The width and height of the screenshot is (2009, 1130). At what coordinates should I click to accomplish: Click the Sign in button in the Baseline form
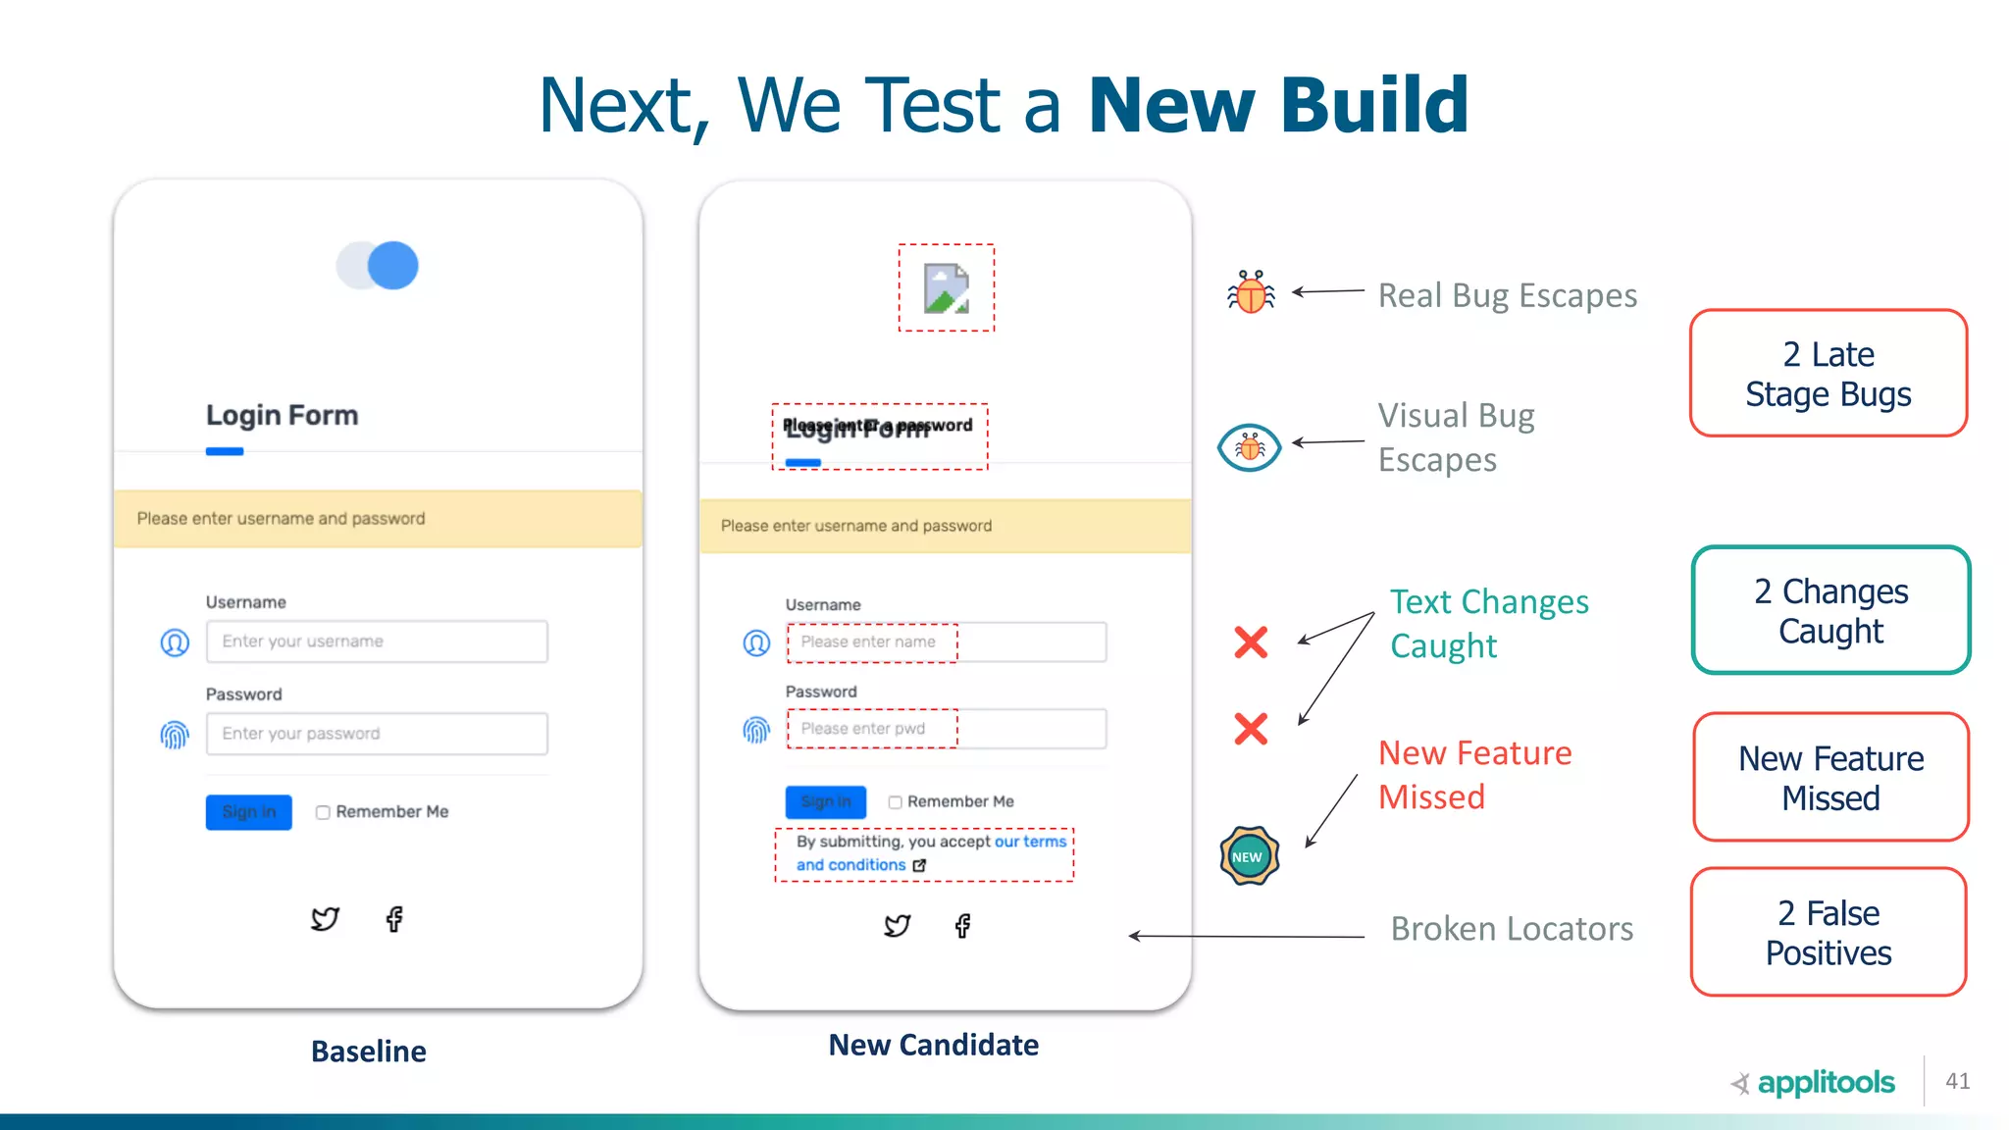(248, 812)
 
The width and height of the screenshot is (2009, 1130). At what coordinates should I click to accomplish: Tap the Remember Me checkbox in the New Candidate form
(895, 802)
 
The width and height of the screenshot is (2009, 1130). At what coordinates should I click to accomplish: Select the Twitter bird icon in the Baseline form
(325, 919)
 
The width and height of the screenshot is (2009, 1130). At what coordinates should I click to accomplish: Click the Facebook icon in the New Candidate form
(963, 926)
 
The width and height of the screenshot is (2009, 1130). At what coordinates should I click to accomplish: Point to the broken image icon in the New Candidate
(947, 288)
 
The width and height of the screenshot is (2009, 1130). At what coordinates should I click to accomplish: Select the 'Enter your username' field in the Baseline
(377, 642)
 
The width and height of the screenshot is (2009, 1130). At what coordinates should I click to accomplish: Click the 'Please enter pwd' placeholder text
(863, 729)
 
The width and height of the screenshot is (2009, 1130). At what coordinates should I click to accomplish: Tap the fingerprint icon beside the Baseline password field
(175, 734)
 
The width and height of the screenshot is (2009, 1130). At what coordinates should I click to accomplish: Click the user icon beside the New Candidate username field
(756, 642)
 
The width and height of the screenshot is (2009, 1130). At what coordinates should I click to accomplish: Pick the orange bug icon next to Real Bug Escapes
(1252, 292)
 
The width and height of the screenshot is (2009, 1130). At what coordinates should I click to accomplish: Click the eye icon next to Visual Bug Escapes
(1249, 448)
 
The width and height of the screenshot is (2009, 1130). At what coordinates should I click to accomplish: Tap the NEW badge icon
(1249, 856)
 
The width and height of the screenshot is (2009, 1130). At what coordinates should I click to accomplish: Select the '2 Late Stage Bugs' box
(1829, 374)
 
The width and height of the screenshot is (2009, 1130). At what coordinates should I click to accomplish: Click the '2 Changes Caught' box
(1830, 610)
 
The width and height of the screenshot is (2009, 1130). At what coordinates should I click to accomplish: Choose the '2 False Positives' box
(1829, 932)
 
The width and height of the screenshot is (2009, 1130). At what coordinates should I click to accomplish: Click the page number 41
(1958, 1081)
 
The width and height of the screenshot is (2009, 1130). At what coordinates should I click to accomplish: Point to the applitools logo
(1815, 1083)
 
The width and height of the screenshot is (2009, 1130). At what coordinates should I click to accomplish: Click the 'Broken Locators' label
(1512, 929)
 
